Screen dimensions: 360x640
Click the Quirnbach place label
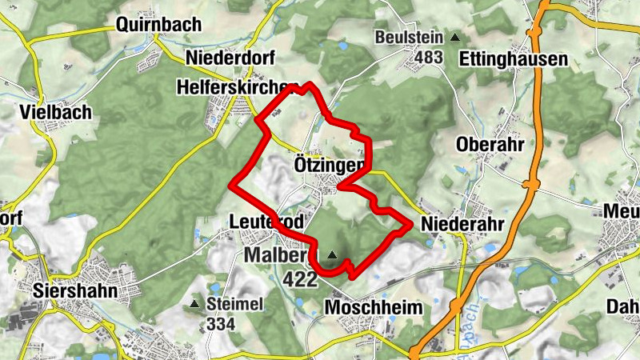tap(158, 24)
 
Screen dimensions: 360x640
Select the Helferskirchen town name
tap(238, 86)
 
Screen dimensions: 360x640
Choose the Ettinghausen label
tap(514, 58)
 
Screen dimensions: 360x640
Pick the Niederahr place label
tap(462, 224)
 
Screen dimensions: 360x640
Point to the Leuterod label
tap(259, 222)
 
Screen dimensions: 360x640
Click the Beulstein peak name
tap(410, 38)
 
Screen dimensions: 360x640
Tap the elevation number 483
tap(429, 58)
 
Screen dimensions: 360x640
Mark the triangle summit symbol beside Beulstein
tap(455, 38)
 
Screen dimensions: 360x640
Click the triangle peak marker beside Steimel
tap(194, 304)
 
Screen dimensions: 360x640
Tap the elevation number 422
tap(301, 278)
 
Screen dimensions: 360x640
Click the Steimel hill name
tap(234, 304)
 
